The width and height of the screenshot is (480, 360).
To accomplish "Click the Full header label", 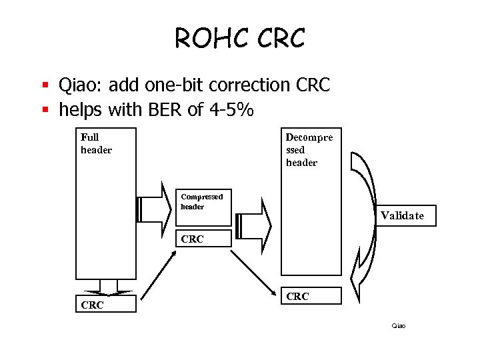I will tap(96, 143).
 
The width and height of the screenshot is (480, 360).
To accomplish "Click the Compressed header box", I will tap(203, 207).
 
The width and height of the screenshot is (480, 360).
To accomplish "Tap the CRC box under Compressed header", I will tap(203, 238).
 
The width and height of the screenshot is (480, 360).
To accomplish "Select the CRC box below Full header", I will tap(105, 304).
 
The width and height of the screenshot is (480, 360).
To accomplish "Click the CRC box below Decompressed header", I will tap(311, 296).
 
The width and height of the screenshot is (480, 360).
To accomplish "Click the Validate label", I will tap(401, 215).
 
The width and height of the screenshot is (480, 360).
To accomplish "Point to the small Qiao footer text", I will tap(398, 325).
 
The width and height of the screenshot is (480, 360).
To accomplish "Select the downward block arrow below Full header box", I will tap(105, 287).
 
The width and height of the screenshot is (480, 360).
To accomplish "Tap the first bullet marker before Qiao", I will tap(46, 86).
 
